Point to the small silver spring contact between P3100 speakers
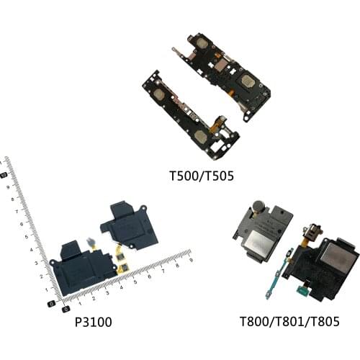[91, 241]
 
